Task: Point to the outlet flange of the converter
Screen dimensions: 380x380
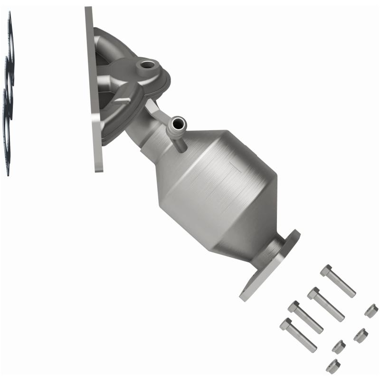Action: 271,264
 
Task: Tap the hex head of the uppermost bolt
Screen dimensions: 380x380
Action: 325,270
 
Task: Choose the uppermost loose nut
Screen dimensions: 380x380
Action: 371,311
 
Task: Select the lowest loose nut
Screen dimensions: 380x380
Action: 333,365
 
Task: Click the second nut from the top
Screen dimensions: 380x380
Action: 361,335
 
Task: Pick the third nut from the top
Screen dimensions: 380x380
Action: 339,347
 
